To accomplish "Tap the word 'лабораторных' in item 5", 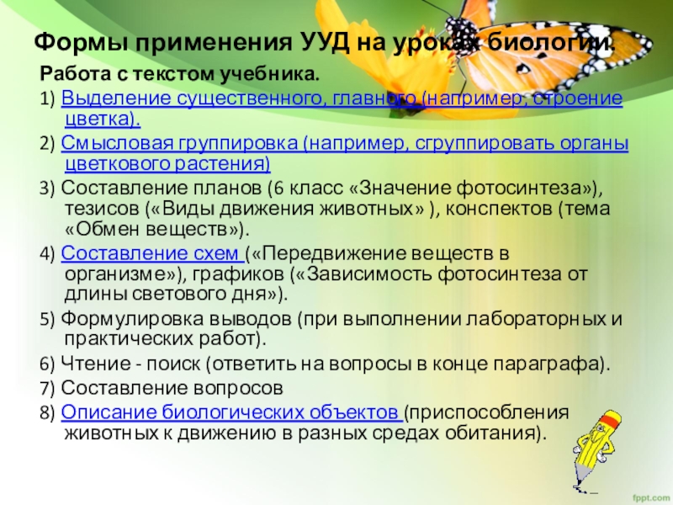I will (545, 320).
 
